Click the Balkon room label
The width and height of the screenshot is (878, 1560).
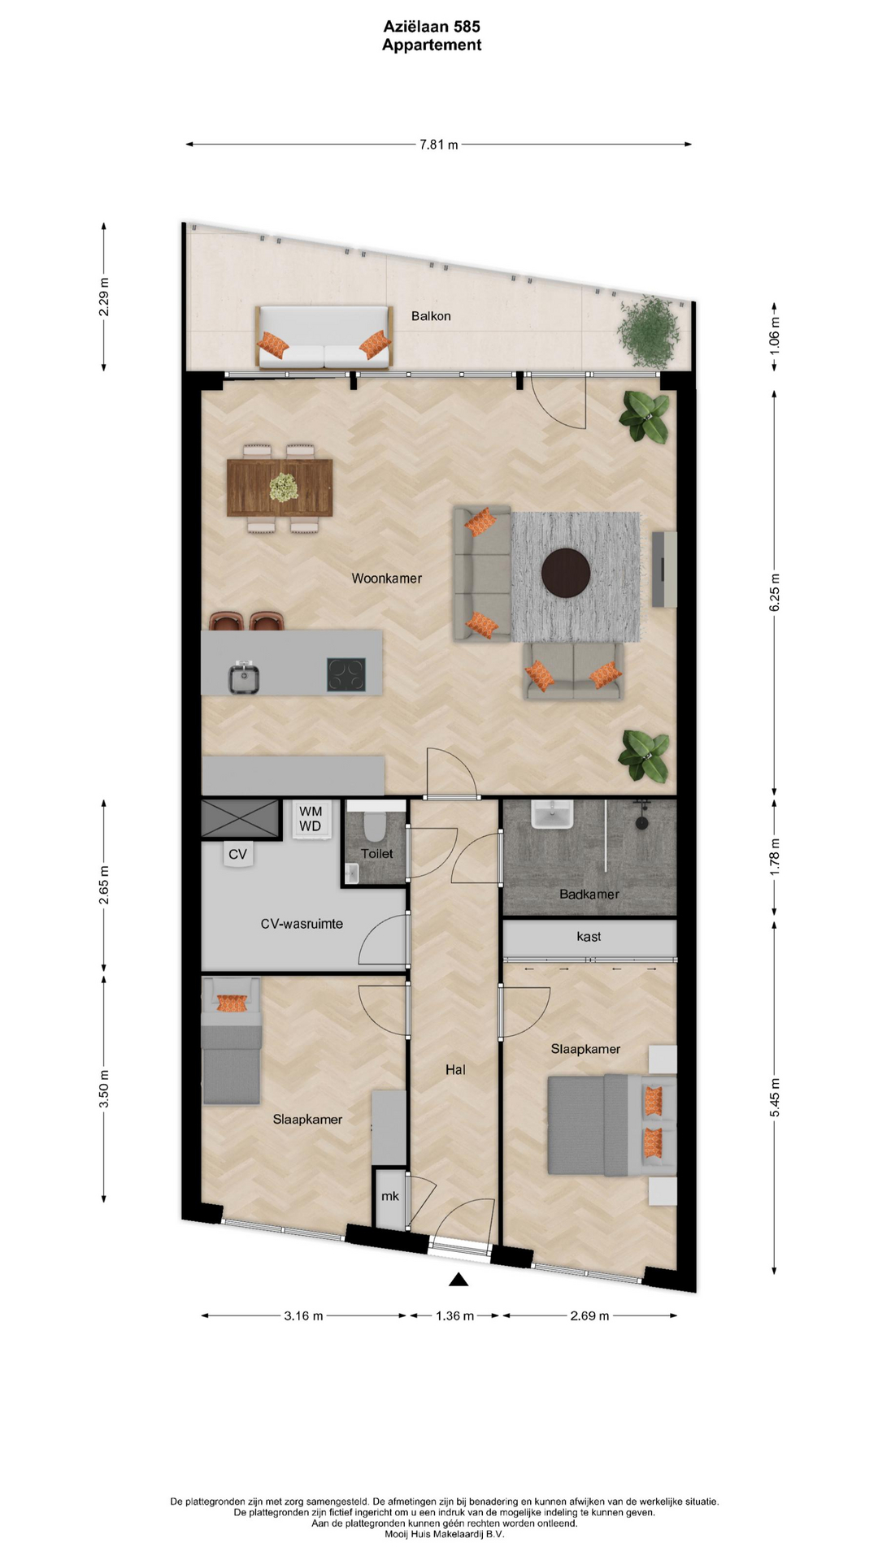pyautogui.click(x=431, y=316)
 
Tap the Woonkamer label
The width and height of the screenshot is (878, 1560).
pyautogui.click(x=386, y=578)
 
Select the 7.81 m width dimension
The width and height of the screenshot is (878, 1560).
pyautogui.click(x=439, y=145)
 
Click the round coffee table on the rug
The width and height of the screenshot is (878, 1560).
pyautogui.click(x=566, y=573)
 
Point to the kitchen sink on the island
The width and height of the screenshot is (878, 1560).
pyautogui.click(x=244, y=677)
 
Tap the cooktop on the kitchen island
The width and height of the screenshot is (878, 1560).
pyautogui.click(x=346, y=674)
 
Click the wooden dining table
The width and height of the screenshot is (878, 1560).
pyautogui.click(x=280, y=487)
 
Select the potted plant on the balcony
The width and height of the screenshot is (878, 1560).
pyautogui.click(x=648, y=331)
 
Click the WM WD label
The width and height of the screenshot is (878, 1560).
pyautogui.click(x=311, y=819)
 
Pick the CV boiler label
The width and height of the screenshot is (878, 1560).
pyautogui.click(x=237, y=855)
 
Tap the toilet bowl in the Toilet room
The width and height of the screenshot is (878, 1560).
pyautogui.click(x=375, y=825)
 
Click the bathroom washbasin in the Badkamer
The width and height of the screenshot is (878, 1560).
pyautogui.click(x=553, y=814)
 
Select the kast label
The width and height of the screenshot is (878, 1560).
pyautogui.click(x=589, y=937)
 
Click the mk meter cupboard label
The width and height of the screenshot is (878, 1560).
pyautogui.click(x=390, y=1196)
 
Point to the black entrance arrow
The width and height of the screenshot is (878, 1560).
pyautogui.click(x=459, y=1280)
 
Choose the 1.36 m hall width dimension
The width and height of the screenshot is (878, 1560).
pyautogui.click(x=454, y=1315)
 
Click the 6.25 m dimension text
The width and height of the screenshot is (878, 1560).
pyautogui.click(x=775, y=592)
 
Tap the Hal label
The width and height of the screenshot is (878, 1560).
pyautogui.click(x=455, y=1070)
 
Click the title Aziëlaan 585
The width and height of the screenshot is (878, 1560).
pyautogui.click(x=432, y=27)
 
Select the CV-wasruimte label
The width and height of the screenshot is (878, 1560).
pyautogui.click(x=302, y=924)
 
